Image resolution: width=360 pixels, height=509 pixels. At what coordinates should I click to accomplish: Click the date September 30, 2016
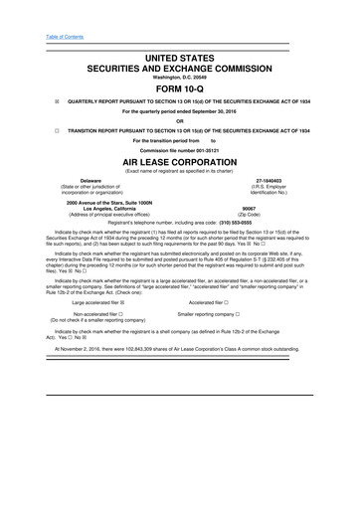(x=223, y=111)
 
